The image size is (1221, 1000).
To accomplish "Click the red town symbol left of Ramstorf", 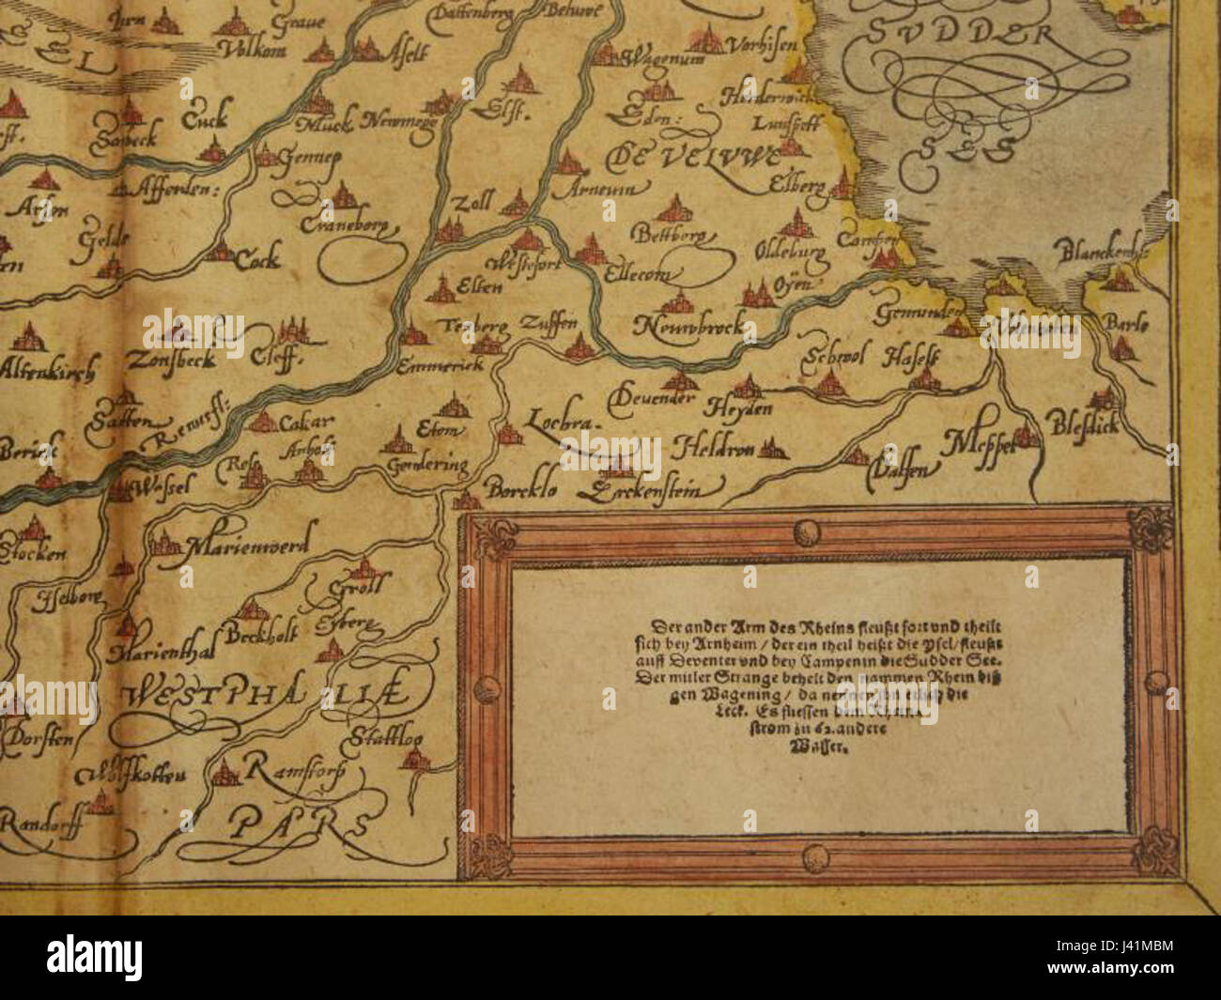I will click(224, 773).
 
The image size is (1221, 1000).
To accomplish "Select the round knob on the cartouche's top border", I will click(805, 532).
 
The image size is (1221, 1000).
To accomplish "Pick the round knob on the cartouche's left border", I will click(486, 691).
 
